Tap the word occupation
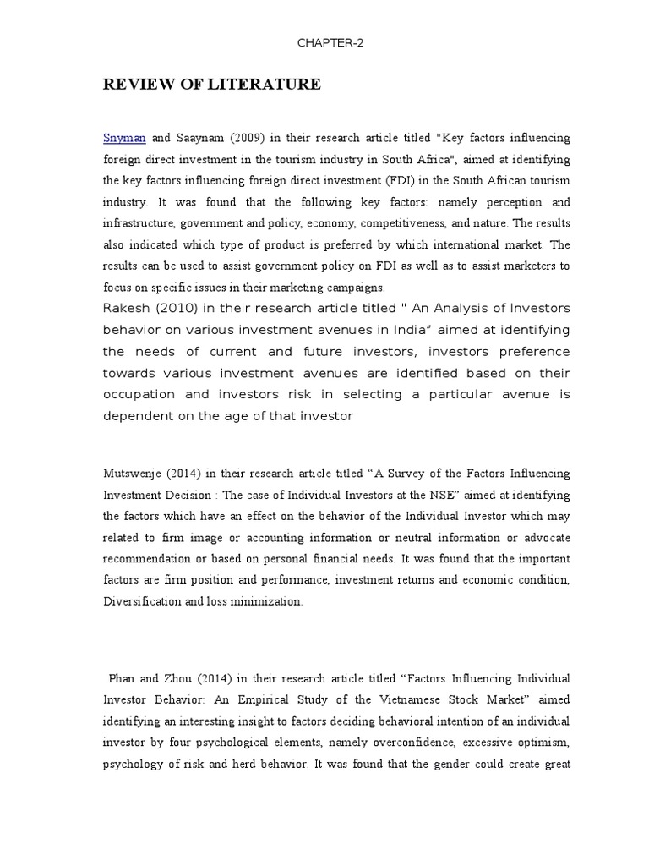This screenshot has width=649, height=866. point(139,394)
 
